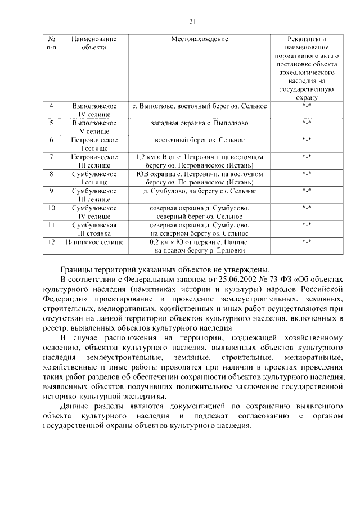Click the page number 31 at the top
coord(192,21)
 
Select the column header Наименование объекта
coord(94,43)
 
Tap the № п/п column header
coord(52,43)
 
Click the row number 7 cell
coord(52,157)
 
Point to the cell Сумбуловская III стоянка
coord(94,228)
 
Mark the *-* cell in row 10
coord(307,208)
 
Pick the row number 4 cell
coord(52,106)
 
